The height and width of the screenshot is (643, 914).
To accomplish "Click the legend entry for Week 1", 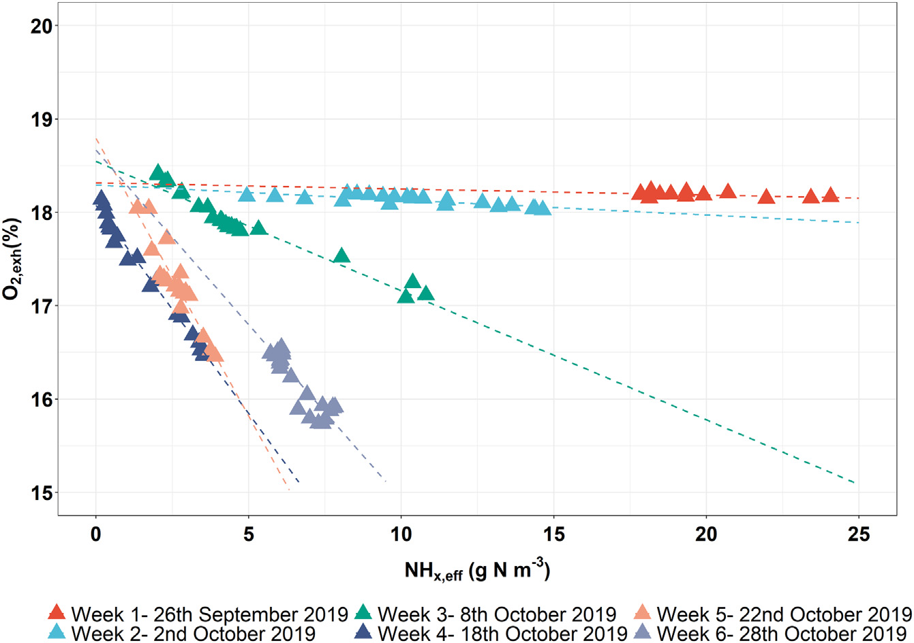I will coord(198,614).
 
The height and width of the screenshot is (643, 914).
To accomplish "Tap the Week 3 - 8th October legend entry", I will coord(487,614).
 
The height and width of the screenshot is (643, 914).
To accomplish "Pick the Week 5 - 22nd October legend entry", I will coord(774,614).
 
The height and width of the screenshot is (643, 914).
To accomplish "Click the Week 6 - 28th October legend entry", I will coord(774,633).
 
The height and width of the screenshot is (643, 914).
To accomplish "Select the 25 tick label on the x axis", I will coord(859,534).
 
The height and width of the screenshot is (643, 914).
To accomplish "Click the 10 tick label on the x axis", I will coord(401,534).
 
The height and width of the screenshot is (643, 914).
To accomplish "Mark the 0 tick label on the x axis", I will coord(96,534).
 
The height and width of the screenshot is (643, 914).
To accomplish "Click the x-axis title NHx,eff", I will coord(477,571).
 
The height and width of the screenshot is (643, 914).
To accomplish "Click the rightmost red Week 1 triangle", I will coord(830,195).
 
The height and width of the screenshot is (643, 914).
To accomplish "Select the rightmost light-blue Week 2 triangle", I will coord(543,208).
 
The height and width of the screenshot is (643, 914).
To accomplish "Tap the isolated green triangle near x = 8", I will coord(341,255).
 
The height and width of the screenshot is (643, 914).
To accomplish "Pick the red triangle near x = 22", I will coord(767,197).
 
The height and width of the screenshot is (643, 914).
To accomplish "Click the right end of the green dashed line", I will coord(855,483).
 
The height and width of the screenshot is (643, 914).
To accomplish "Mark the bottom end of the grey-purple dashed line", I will coord(386,481).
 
